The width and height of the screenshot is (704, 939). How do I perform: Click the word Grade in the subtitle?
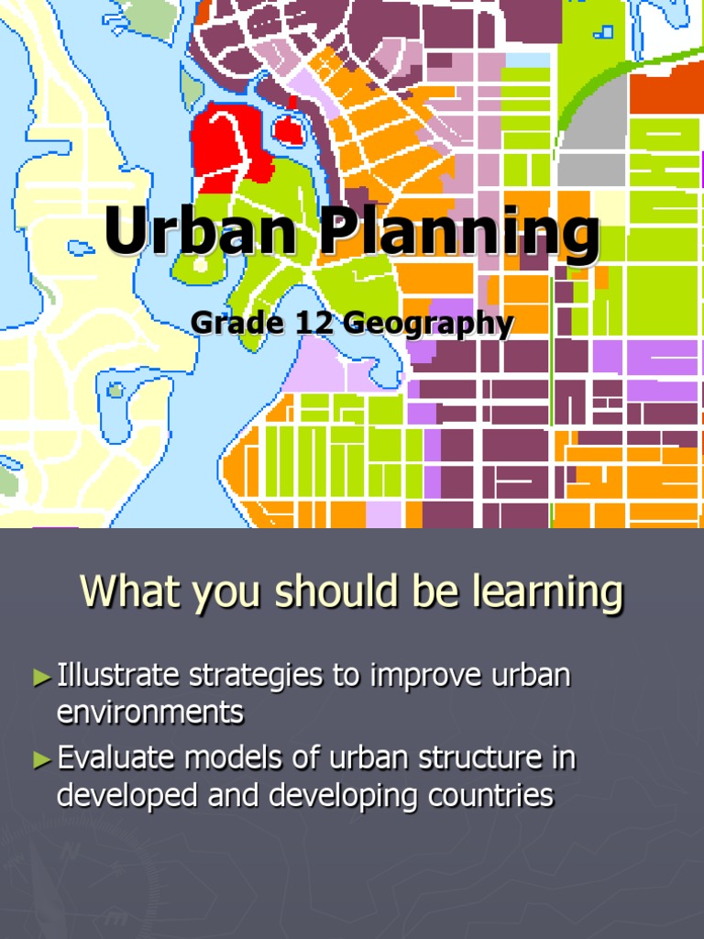(225, 324)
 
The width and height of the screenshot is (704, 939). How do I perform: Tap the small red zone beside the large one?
(288, 130)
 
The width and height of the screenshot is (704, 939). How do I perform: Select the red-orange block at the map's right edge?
(665, 92)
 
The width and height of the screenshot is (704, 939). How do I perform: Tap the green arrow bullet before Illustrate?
(42, 679)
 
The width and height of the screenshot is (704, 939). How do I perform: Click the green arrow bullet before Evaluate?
(42, 759)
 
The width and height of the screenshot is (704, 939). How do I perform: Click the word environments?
(150, 712)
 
